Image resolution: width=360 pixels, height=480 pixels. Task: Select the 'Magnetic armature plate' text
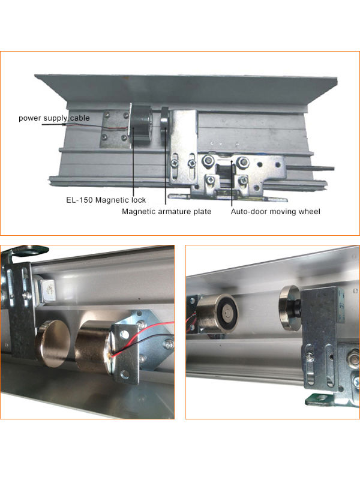(167, 211)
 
